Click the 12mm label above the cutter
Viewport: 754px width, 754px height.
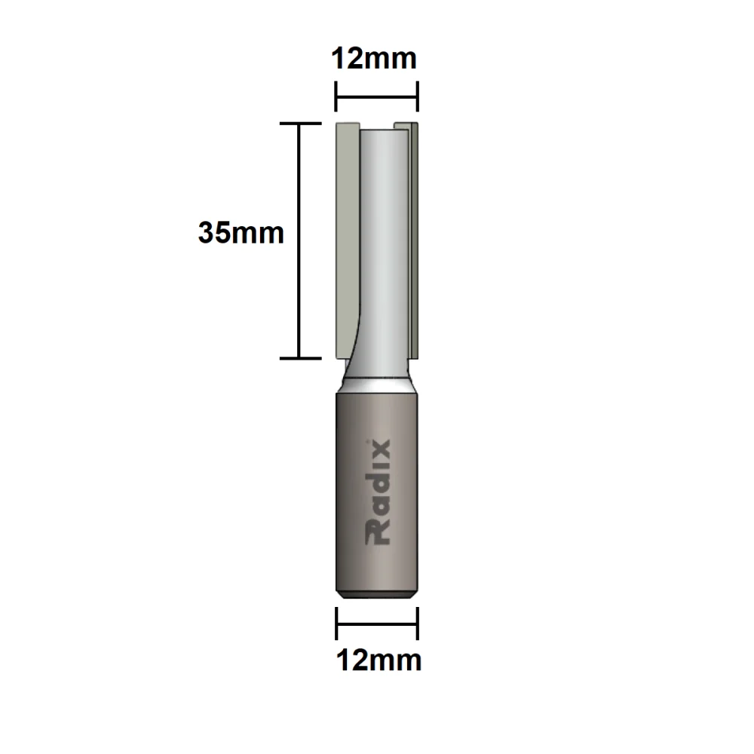pos(375,58)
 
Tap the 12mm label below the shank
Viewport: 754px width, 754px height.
pos(378,661)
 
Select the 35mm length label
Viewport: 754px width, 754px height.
pos(241,232)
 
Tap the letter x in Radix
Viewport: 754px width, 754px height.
pos(379,451)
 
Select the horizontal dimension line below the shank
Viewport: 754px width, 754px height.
pos(377,624)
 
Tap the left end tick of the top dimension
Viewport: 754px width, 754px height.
pos(336,97)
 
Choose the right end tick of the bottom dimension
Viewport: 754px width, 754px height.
pos(417,624)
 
